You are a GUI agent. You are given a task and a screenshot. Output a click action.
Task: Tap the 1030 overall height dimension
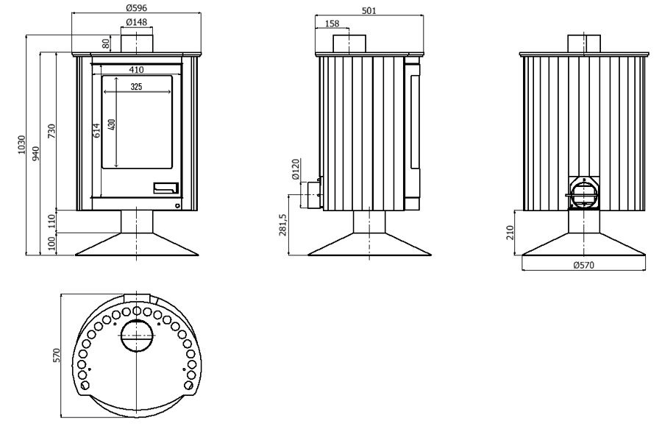point(23,145)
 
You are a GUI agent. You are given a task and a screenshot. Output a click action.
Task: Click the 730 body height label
point(51,131)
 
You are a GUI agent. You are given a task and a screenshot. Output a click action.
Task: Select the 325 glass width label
point(135,87)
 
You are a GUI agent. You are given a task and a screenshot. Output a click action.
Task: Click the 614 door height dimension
point(96,130)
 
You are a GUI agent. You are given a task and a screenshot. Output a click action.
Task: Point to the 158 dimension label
point(332,24)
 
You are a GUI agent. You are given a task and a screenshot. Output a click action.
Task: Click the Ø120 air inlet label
point(296,169)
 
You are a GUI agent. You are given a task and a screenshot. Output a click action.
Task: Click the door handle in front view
point(165,187)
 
